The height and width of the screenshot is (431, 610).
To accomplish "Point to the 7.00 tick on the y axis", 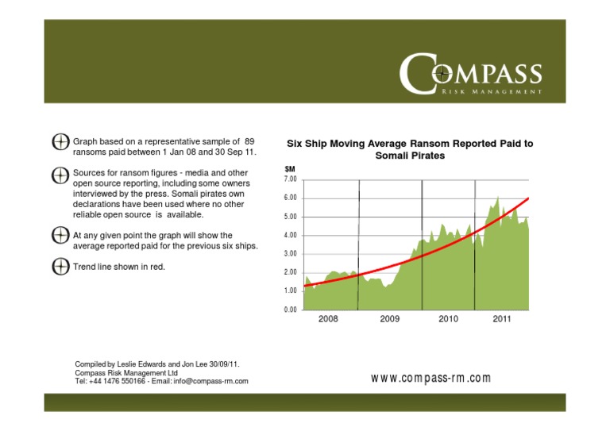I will (291, 179).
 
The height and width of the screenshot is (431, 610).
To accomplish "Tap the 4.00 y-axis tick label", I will (291, 235).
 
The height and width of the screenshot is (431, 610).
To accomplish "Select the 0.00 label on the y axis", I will (291, 310).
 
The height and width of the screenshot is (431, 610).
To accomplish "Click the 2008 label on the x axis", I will (328, 319).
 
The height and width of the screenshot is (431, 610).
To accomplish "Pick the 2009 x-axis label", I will (389, 319).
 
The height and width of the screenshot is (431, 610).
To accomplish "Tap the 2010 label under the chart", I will (449, 319).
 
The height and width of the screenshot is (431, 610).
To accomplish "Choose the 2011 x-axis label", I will (501, 319).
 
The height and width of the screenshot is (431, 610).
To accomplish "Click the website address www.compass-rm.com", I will (430, 378).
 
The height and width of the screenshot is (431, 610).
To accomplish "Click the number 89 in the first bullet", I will (249, 140).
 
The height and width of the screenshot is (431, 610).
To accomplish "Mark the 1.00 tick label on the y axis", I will (291, 291).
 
